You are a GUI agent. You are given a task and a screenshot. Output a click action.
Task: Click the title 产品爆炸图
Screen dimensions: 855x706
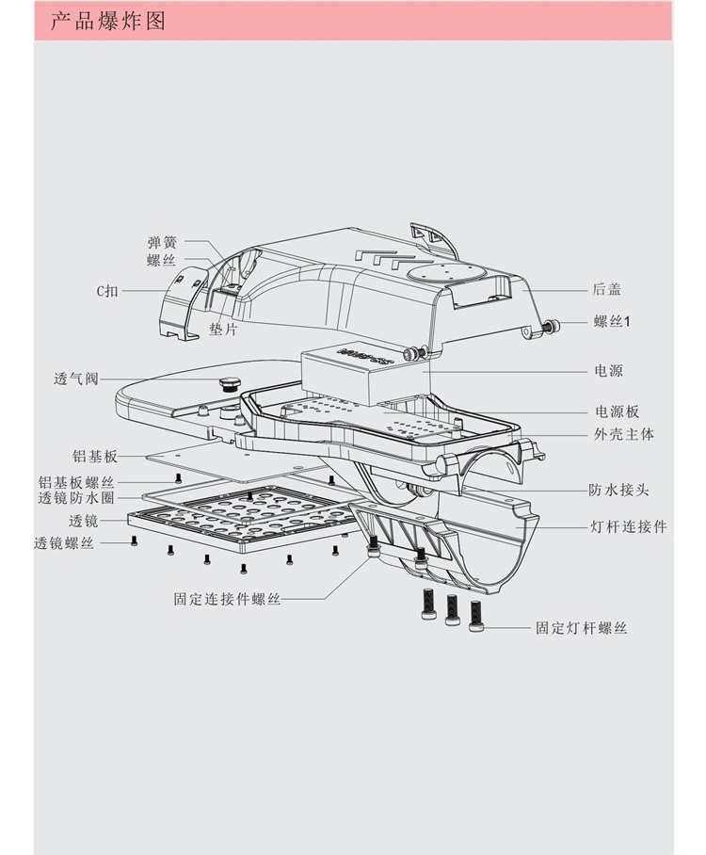[x=107, y=21]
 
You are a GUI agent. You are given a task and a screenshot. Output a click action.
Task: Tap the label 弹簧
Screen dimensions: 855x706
[x=162, y=242]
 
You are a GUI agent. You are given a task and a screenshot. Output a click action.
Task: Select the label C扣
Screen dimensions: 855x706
[x=107, y=291]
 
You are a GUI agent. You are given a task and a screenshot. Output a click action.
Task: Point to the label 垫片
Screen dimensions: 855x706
[x=223, y=330]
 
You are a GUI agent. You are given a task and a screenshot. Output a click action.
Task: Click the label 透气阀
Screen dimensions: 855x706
[x=76, y=379]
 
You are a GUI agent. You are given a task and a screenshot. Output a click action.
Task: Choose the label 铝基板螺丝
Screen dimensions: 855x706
[x=76, y=482]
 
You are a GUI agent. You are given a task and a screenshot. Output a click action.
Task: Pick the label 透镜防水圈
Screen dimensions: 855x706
[x=76, y=498]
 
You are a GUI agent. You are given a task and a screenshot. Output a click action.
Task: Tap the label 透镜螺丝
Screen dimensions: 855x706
[x=64, y=543]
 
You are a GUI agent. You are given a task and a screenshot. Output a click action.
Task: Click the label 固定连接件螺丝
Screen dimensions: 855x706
[x=227, y=599]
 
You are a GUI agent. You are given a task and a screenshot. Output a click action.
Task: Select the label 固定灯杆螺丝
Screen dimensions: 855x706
[x=581, y=627]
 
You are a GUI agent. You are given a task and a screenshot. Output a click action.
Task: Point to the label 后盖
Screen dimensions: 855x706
[x=607, y=289]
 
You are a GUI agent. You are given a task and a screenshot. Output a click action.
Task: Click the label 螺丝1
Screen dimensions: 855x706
[x=612, y=322]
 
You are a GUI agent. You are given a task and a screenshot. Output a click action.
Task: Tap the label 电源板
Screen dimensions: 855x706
[x=618, y=411]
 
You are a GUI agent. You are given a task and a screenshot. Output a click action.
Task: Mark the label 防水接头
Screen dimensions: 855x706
[x=618, y=490]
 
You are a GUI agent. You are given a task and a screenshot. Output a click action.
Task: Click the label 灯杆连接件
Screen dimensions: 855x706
[x=628, y=526]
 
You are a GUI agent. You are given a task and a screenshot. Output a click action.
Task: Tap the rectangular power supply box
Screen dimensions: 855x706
[x=363, y=373]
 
